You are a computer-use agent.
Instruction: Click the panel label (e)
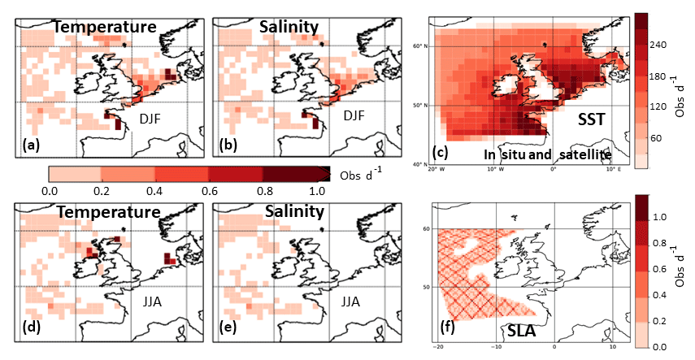coord(228,329)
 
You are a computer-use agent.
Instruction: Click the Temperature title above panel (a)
coord(105,27)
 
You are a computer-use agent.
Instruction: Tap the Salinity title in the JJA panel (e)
coord(292,211)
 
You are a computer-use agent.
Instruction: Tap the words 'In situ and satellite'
coord(546,154)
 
